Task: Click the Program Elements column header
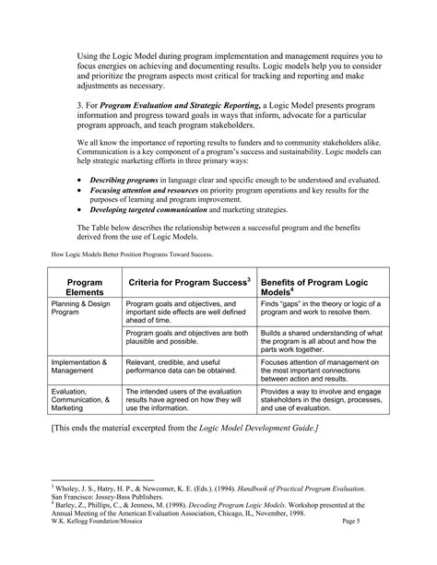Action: point(84,285)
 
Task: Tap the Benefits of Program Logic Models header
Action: point(313,285)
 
